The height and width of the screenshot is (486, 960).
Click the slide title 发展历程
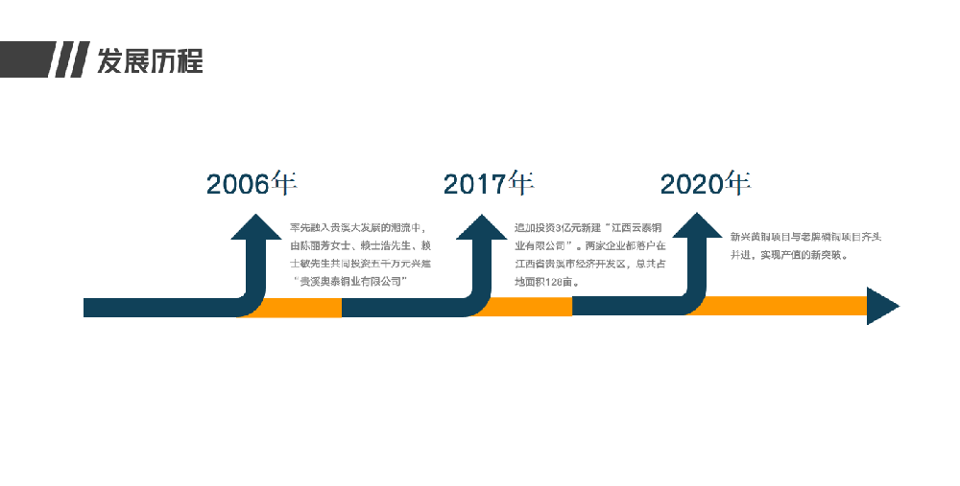[x=150, y=60]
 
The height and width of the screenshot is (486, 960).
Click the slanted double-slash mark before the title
[x=69, y=60]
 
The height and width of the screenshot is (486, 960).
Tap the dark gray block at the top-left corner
[x=24, y=60]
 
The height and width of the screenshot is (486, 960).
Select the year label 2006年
[x=252, y=183]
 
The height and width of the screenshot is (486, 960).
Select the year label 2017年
[x=488, y=183]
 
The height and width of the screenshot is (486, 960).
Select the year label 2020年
[x=705, y=183]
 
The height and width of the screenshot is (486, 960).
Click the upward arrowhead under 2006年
[x=255, y=228]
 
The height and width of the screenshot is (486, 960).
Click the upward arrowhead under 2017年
[x=482, y=228]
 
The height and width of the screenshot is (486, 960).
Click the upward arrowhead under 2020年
[x=697, y=228]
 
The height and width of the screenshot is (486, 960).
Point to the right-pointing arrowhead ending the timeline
[x=881, y=306]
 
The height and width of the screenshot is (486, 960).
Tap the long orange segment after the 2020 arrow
[x=787, y=306]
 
